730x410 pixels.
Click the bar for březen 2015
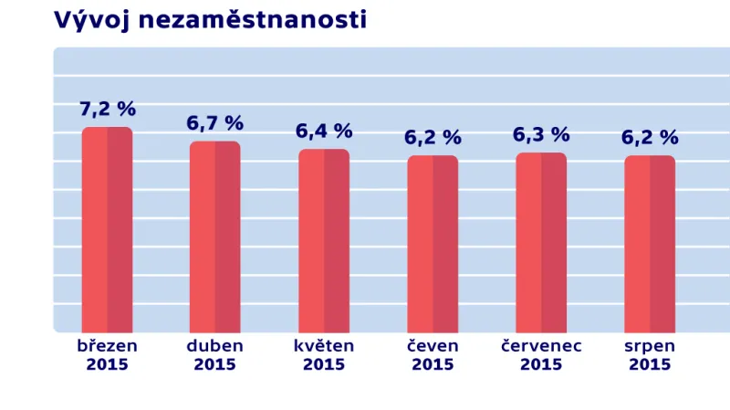(x=107, y=230)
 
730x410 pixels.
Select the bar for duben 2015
(x=215, y=237)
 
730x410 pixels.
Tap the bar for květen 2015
(x=324, y=241)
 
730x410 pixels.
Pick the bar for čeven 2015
(x=433, y=245)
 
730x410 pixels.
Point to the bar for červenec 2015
(x=541, y=243)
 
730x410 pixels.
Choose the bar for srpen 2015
(x=650, y=245)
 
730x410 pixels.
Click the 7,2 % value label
(x=108, y=110)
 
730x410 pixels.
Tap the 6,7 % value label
(x=215, y=123)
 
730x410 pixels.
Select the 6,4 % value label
(x=324, y=131)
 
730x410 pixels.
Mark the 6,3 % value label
(x=541, y=135)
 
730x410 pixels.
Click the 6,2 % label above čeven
(x=433, y=138)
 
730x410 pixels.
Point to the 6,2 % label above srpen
(x=650, y=138)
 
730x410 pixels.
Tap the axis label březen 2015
(x=108, y=355)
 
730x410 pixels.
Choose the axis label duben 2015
(x=215, y=355)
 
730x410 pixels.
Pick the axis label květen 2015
(x=324, y=355)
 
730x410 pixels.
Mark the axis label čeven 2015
(x=433, y=355)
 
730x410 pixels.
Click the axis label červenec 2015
(x=541, y=355)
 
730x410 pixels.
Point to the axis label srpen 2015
(x=650, y=355)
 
